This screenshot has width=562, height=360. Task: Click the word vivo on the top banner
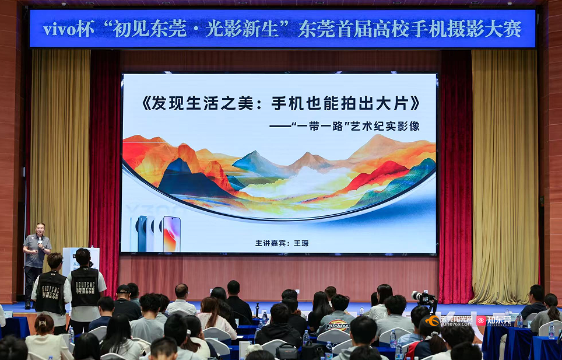[59, 29]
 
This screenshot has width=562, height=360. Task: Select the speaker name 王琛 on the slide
[301, 243]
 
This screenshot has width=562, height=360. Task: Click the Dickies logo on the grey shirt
[338, 326]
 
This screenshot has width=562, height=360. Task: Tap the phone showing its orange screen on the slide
[171, 234]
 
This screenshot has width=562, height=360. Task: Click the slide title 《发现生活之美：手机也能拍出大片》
[280, 103]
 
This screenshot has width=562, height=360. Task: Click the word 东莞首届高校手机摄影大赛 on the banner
[409, 29]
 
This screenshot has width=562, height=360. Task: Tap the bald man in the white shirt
[181, 299]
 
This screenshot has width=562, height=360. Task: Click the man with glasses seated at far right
[535, 300]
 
